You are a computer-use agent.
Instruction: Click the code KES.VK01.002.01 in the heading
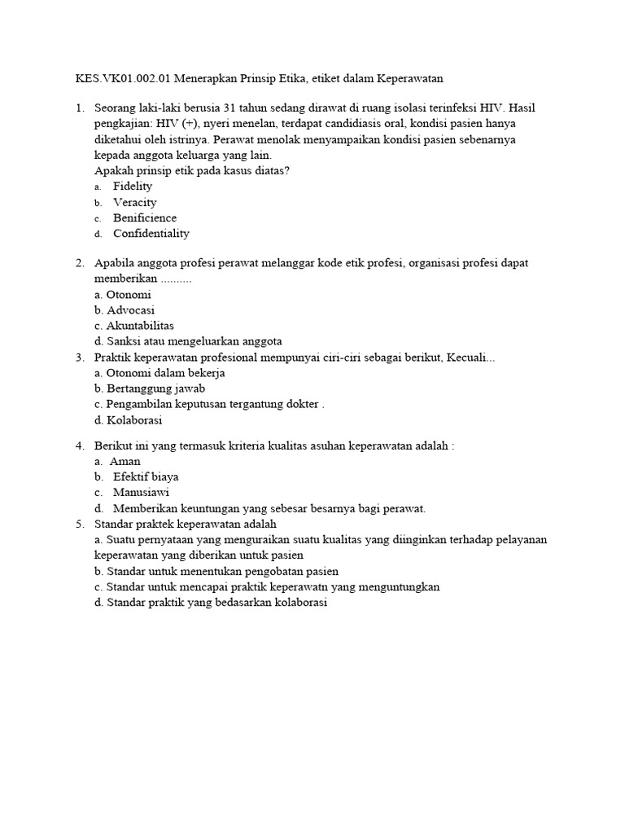(111, 78)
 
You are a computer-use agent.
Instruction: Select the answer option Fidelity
(133, 187)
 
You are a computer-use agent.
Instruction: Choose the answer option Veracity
(135, 202)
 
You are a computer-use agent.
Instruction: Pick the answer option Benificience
(145, 217)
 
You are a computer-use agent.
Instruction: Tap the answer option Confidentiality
(151, 233)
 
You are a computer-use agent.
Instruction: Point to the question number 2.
(80, 263)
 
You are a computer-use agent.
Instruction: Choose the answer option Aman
(125, 461)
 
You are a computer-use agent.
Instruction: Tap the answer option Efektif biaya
(146, 476)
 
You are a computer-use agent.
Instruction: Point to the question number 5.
(80, 524)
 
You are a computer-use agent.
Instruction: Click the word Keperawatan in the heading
(407, 78)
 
